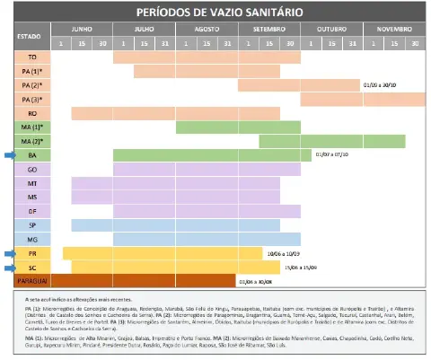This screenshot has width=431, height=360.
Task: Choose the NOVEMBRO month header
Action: pyautogui.click(x=391, y=29)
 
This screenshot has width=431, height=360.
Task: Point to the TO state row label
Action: pyautogui.click(x=31, y=57)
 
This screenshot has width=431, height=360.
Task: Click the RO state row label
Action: pyautogui.click(x=31, y=113)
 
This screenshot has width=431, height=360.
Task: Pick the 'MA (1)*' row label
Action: pyautogui.click(x=31, y=127)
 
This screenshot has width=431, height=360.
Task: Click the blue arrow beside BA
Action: pyautogui.click(x=8, y=155)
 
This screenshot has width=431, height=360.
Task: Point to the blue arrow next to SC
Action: pyautogui.click(x=8, y=268)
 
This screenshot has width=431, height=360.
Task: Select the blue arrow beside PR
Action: pyautogui.click(x=8, y=253)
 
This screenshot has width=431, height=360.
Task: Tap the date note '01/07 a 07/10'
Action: pyautogui.click(x=330, y=154)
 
